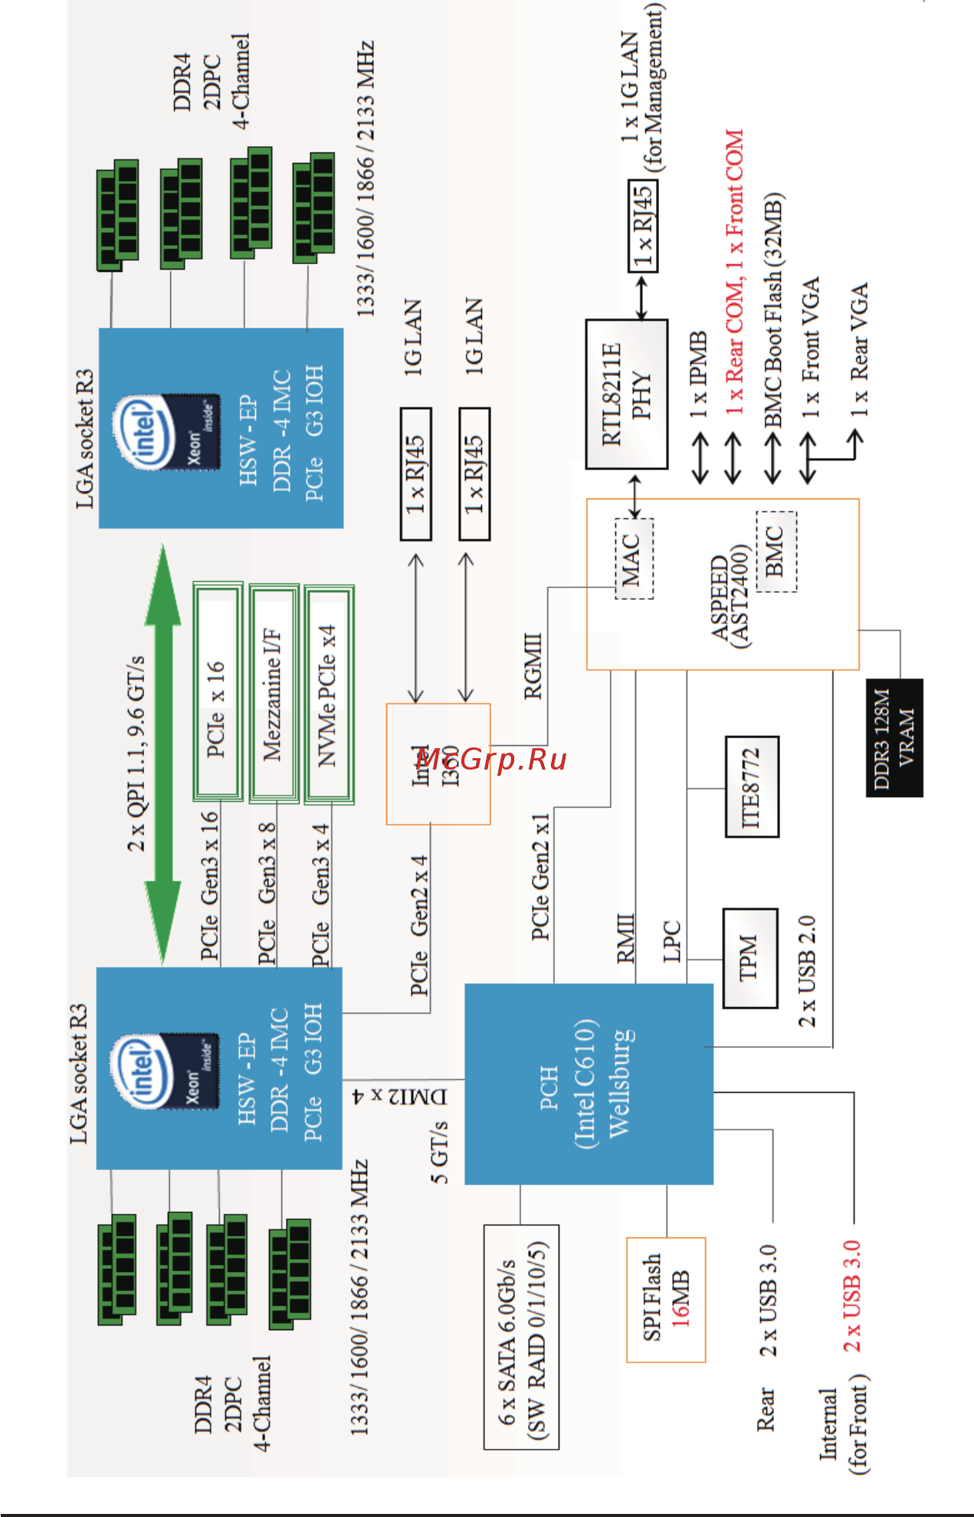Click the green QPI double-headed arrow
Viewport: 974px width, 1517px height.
click(x=163, y=754)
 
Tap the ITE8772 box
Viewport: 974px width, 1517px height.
click(x=752, y=786)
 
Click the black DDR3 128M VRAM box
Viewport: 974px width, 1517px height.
click(x=894, y=737)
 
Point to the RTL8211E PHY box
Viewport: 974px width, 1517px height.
click(x=626, y=394)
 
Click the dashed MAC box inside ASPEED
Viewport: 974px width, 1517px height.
click(x=634, y=558)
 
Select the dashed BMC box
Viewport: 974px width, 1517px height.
click(x=776, y=551)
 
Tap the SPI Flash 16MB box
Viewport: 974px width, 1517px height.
click(x=665, y=1299)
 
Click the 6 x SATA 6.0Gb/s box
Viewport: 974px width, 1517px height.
click(x=521, y=1336)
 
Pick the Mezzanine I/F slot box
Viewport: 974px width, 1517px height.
click(x=274, y=694)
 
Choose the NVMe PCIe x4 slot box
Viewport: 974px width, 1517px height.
click(x=329, y=694)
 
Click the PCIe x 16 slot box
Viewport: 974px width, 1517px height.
click(x=218, y=694)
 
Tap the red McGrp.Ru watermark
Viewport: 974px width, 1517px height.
click(x=490, y=760)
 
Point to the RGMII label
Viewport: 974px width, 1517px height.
click(x=533, y=665)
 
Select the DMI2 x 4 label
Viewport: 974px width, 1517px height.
click(x=399, y=1096)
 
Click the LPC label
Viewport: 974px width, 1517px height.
click(x=672, y=941)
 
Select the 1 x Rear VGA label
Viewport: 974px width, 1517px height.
click(x=859, y=349)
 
